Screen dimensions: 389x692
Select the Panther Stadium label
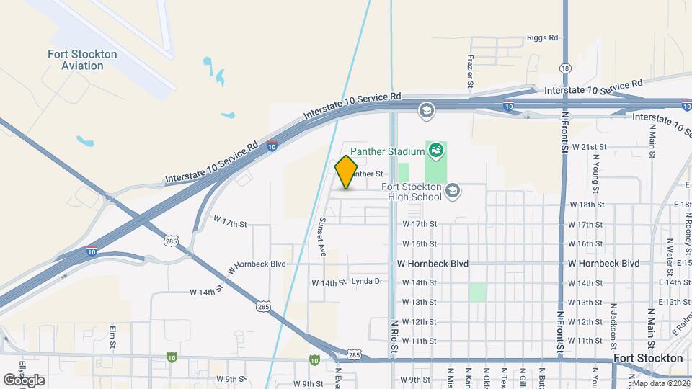tap(387, 151)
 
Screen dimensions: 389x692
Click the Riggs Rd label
tap(543, 37)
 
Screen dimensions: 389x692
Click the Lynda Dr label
tap(366, 282)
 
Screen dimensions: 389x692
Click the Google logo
tap(23, 380)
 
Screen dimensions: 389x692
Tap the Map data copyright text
tap(661, 383)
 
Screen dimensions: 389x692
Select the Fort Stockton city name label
tap(647, 358)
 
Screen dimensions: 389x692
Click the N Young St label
tap(596, 174)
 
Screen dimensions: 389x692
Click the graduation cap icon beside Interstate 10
tap(426, 109)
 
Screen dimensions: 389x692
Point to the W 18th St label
tap(585, 205)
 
